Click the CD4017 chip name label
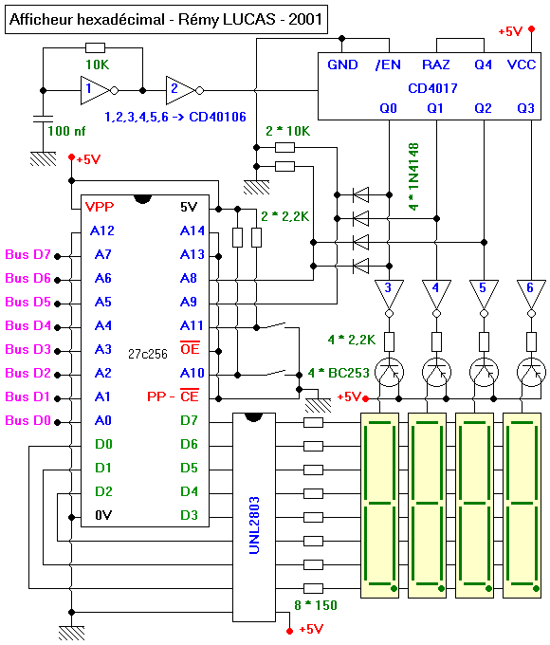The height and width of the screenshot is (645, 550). [432, 88]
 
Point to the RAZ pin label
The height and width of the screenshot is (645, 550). [436, 64]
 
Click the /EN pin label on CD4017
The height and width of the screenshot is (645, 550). [388, 64]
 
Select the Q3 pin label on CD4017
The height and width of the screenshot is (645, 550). [525, 108]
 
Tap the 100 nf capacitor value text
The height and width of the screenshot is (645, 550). [66, 131]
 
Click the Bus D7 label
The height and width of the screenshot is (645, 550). [27, 254]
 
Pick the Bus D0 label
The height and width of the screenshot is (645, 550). [27, 420]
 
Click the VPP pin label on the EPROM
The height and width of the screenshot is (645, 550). [100, 207]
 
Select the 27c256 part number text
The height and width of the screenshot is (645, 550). [148, 354]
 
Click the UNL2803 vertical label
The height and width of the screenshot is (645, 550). [254, 525]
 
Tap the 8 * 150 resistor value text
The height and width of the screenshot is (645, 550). [316, 605]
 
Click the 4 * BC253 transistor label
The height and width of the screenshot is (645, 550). [339, 373]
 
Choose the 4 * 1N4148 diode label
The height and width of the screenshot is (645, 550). [413, 176]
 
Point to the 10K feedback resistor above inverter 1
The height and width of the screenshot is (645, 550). [95, 47]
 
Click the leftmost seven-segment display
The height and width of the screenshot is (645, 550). [379, 506]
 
